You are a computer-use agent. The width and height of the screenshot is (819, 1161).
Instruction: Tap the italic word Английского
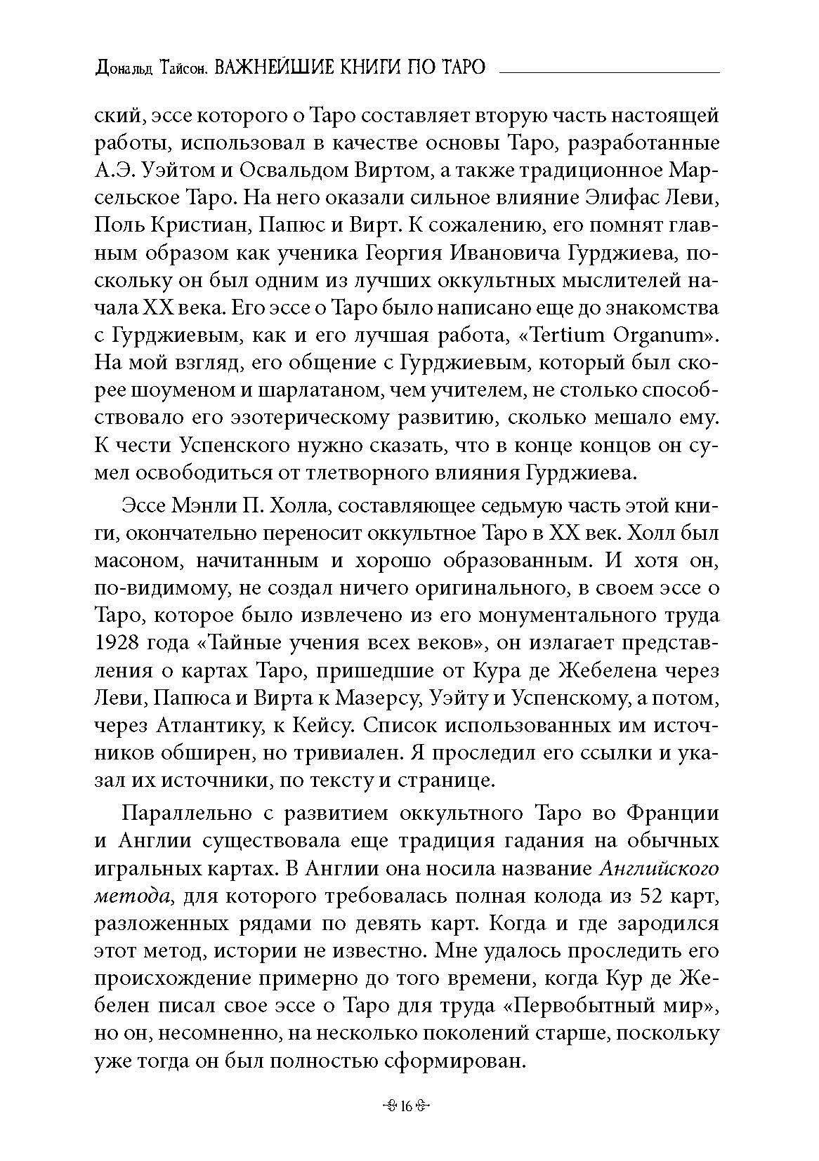point(660,869)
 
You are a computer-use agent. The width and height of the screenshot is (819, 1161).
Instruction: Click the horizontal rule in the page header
point(608,72)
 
